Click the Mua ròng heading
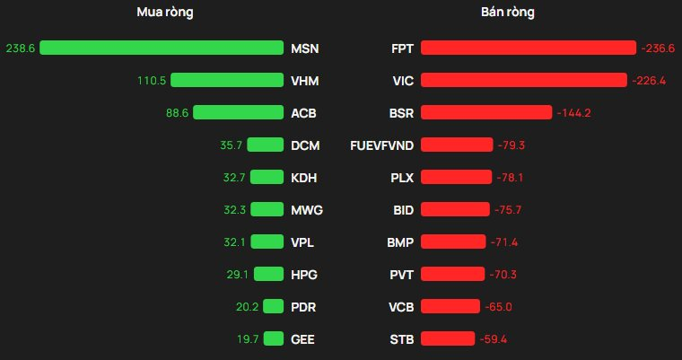click(x=164, y=13)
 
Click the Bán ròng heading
click(x=507, y=13)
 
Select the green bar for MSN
click(x=162, y=48)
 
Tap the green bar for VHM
click(x=227, y=81)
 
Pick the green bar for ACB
click(x=238, y=113)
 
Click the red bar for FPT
click(x=529, y=48)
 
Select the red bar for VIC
click(x=523, y=81)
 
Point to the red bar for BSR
click(x=486, y=113)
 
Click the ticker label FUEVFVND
click(x=381, y=145)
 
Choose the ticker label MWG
click(x=307, y=210)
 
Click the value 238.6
click(x=20, y=48)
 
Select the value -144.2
click(x=574, y=113)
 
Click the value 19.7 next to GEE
click(x=247, y=339)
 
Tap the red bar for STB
click(x=448, y=339)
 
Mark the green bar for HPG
click(x=268, y=275)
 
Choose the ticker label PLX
click(x=402, y=178)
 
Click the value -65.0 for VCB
click(x=498, y=307)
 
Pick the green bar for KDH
click(x=267, y=178)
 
